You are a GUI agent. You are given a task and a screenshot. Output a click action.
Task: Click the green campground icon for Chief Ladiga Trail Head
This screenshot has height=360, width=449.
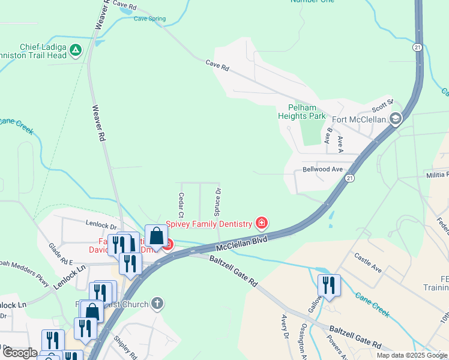[x=76, y=51]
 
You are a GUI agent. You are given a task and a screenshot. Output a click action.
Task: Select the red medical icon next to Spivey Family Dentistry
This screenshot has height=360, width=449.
[x=261, y=224]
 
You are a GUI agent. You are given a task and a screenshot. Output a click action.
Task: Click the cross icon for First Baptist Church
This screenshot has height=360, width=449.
[x=157, y=304]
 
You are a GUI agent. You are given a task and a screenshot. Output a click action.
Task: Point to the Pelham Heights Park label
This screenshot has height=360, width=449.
[x=302, y=112]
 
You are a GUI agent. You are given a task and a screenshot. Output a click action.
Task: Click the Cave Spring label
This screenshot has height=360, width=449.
[x=149, y=19]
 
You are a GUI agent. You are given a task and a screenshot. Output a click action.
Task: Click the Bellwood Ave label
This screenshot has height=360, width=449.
[x=322, y=169]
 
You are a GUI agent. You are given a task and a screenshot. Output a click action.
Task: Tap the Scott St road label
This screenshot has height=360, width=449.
[x=382, y=106]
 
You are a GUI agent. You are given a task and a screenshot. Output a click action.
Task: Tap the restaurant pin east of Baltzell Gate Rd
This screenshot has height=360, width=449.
[x=329, y=285]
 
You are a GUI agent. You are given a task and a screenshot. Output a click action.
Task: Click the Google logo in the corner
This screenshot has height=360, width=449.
[x=20, y=353]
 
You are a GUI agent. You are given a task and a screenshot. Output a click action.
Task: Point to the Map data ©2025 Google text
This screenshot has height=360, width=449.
[x=412, y=355]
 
